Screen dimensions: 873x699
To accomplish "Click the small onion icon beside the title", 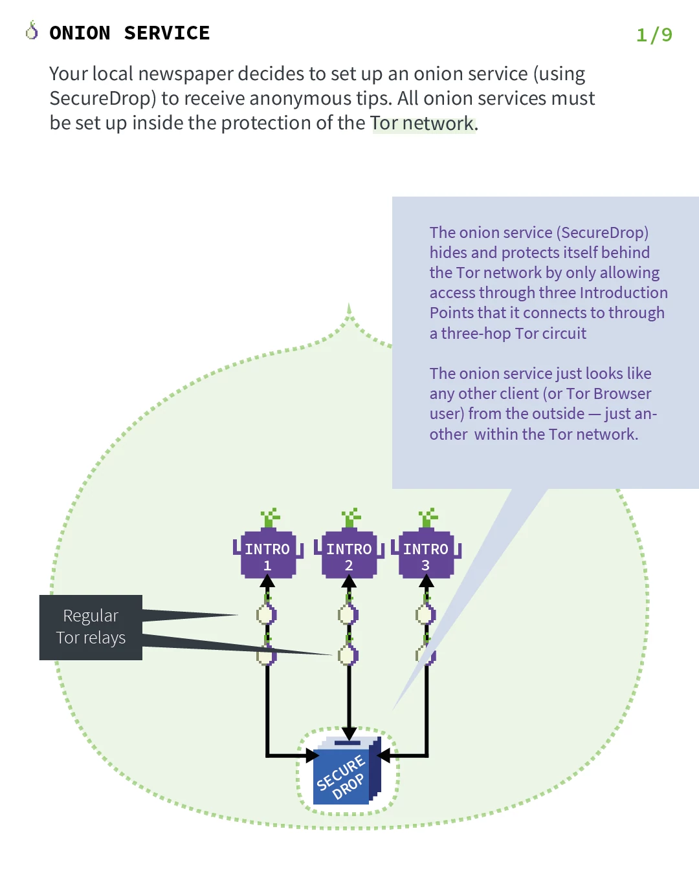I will coord(32,30).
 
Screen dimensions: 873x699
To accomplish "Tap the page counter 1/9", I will coord(654,34).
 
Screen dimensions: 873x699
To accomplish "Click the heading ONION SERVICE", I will coord(129,33).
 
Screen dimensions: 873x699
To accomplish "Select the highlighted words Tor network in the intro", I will coord(422,123).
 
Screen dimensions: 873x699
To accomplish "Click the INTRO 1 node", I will coord(267,555).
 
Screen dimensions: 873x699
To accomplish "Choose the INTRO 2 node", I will coord(349,555).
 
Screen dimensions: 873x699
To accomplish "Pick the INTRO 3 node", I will coord(426,555).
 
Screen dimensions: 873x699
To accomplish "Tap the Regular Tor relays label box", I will coord(91,627).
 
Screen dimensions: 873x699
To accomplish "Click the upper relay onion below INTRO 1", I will coord(267,614).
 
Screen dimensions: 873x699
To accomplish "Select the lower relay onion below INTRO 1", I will coord(267,654).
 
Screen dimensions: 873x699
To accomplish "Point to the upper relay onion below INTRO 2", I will coord(348,614).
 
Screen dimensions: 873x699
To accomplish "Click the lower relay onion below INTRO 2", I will coord(348,654).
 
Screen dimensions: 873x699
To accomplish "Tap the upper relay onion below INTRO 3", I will coord(426,614).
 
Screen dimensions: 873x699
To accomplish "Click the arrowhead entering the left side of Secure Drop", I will coord(312,755).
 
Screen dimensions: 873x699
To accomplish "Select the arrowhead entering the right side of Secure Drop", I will coord(384,755).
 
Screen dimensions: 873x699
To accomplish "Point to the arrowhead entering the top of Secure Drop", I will coord(349,733).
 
